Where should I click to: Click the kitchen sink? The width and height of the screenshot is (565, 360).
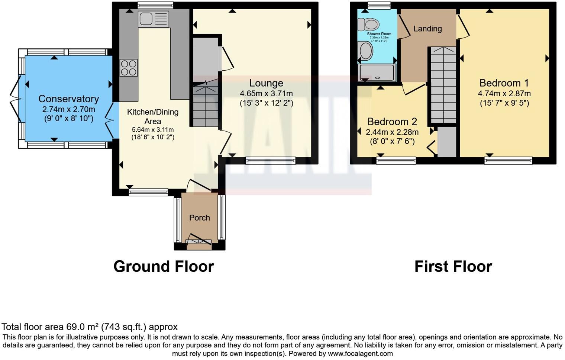[x=153, y=19]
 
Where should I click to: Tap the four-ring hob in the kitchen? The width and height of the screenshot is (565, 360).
[x=129, y=68]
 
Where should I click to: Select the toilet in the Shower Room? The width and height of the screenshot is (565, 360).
[x=368, y=25]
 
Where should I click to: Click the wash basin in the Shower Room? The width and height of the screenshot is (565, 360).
[x=366, y=51]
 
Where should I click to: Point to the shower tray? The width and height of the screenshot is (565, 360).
[x=377, y=73]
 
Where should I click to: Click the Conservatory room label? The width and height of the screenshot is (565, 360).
[x=68, y=99]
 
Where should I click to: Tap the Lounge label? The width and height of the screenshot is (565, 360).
[x=266, y=83]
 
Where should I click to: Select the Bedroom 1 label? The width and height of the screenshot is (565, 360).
[x=504, y=83]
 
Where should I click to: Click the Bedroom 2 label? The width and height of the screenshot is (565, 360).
[x=392, y=122]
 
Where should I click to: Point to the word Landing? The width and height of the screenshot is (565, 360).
[x=427, y=29]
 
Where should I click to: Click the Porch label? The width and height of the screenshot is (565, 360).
[x=200, y=218]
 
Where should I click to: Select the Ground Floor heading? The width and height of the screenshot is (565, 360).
[x=164, y=267]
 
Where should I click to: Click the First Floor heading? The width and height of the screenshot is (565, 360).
[x=453, y=267]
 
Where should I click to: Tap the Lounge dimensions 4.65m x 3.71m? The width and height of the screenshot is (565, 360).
[x=266, y=93]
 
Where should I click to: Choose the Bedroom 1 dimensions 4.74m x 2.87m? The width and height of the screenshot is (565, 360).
[x=504, y=93]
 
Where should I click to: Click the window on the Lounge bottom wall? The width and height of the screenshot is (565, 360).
[x=271, y=161]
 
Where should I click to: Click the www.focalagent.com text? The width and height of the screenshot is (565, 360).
[x=360, y=354]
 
